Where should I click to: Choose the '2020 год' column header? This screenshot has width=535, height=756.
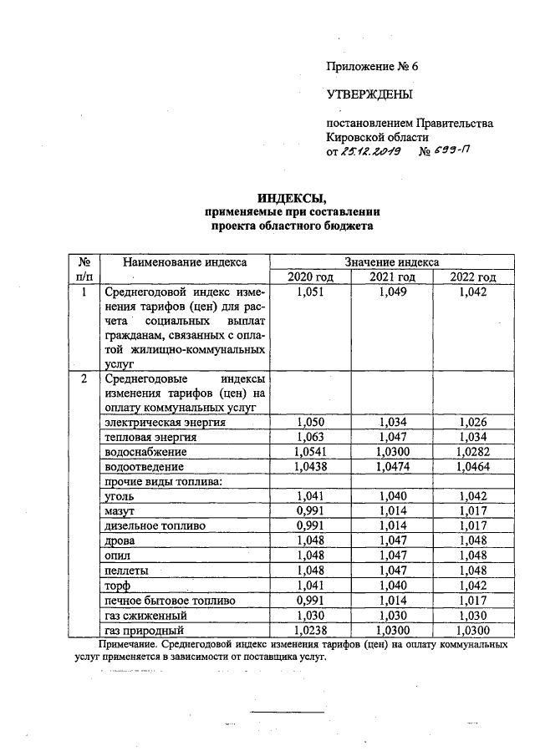click(x=310, y=277)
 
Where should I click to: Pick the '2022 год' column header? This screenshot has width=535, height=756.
click(x=473, y=277)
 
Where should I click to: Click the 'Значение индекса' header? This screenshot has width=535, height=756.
click(x=392, y=262)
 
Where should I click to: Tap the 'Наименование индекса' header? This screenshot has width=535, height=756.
click(x=185, y=262)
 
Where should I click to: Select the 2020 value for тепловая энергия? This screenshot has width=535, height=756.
click(x=310, y=437)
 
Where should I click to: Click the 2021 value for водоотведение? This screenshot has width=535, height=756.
click(x=392, y=467)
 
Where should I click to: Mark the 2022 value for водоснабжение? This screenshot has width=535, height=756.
click(x=473, y=452)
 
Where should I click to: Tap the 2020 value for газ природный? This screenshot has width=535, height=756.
click(x=310, y=631)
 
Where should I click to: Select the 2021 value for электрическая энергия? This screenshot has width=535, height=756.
click(x=392, y=423)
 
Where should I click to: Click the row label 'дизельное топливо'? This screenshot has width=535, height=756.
click(x=150, y=525)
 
